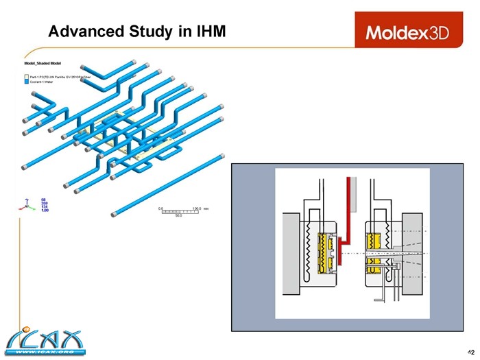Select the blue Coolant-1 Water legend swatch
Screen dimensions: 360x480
[x=27, y=82]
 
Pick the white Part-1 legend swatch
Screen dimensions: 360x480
[x=27, y=76]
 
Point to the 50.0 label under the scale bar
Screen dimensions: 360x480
[x=178, y=216]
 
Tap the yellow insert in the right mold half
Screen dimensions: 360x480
[x=375, y=251]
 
